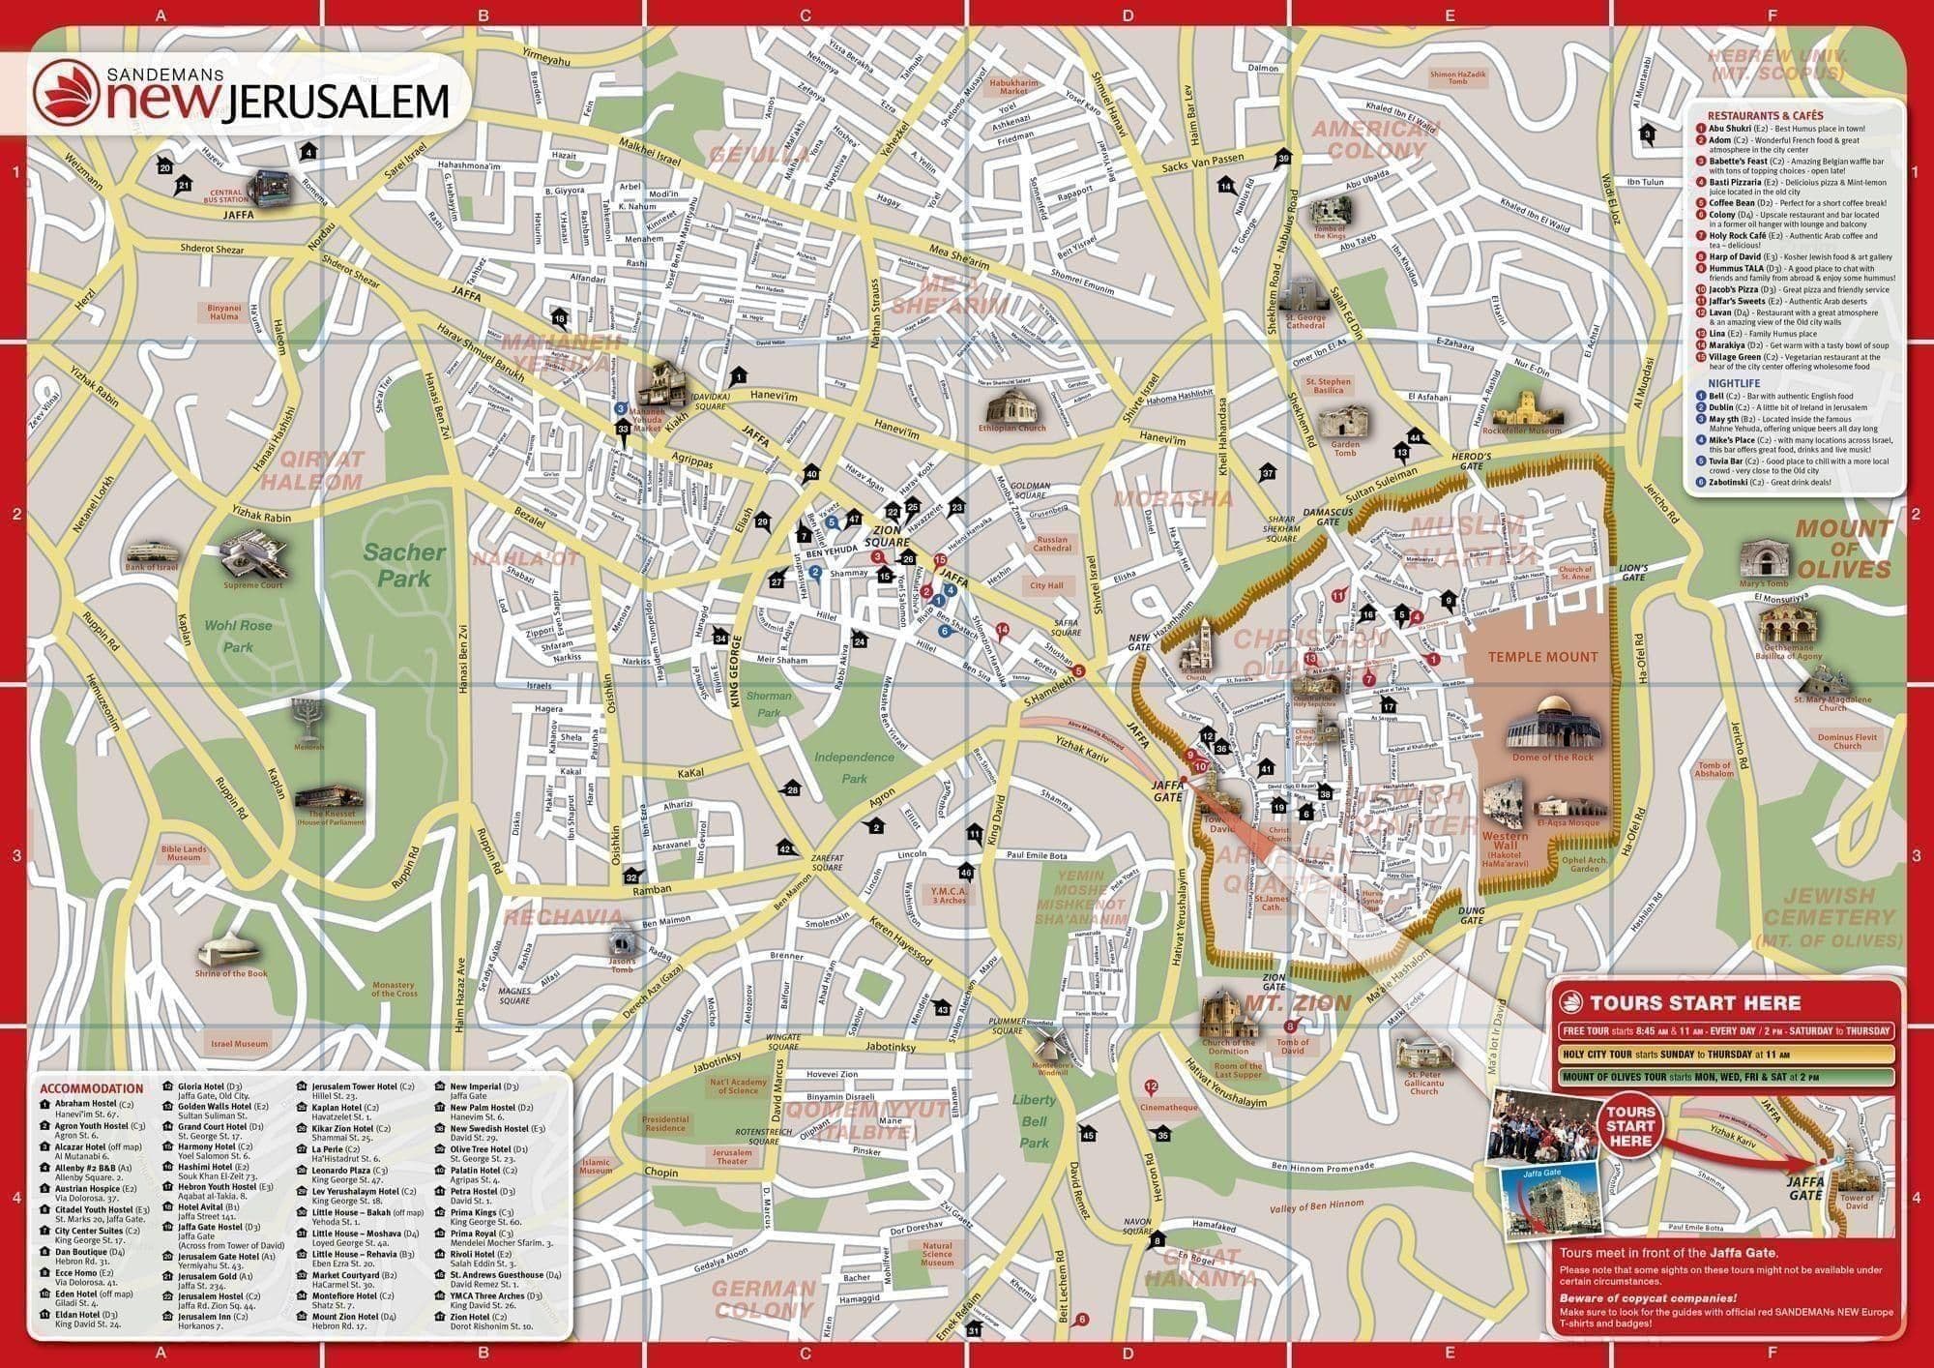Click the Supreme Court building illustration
point(252,555)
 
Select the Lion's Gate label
point(1633,573)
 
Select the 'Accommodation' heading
point(92,1088)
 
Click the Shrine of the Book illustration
point(229,950)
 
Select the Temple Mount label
point(1542,657)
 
